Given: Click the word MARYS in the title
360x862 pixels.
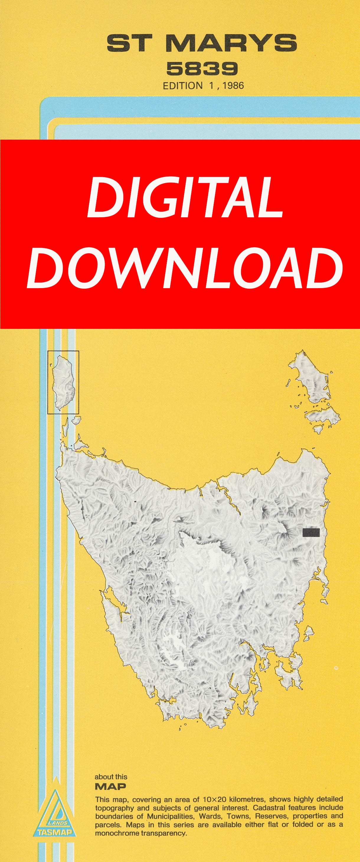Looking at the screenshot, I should point(231,43).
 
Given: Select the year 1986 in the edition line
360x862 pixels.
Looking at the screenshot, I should point(233,86).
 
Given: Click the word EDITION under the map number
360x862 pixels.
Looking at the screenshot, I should point(183,86).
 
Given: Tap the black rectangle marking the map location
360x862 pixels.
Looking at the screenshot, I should point(311,532).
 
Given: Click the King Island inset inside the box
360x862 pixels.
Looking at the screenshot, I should point(63,382).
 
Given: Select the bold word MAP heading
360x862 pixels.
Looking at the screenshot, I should point(110,786).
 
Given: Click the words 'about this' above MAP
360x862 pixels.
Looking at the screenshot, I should point(111,777).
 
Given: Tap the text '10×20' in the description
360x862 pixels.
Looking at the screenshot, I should point(215,800).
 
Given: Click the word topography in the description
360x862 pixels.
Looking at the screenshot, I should point(114,808).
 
